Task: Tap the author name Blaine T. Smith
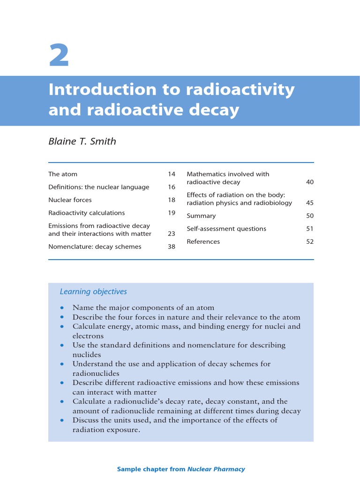[x=82, y=141]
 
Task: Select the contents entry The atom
[x=63, y=174]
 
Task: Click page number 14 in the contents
[x=172, y=174]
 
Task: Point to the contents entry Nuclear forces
[x=70, y=200]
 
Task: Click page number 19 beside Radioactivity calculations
[x=172, y=213]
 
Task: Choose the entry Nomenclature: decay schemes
[x=95, y=247]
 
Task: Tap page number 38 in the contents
[x=172, y=247]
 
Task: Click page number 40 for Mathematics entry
[x=310, y=182]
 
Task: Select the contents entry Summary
[x=201, y=216]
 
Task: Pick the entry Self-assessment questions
[x=226, y=229]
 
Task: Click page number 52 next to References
[x=310, y=242]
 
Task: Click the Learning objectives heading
[x=93, y=292]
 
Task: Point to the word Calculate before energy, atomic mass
[x=89, y=327]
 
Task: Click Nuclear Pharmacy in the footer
[x=216, y=469]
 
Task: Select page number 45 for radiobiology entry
[x=310, y=203]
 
